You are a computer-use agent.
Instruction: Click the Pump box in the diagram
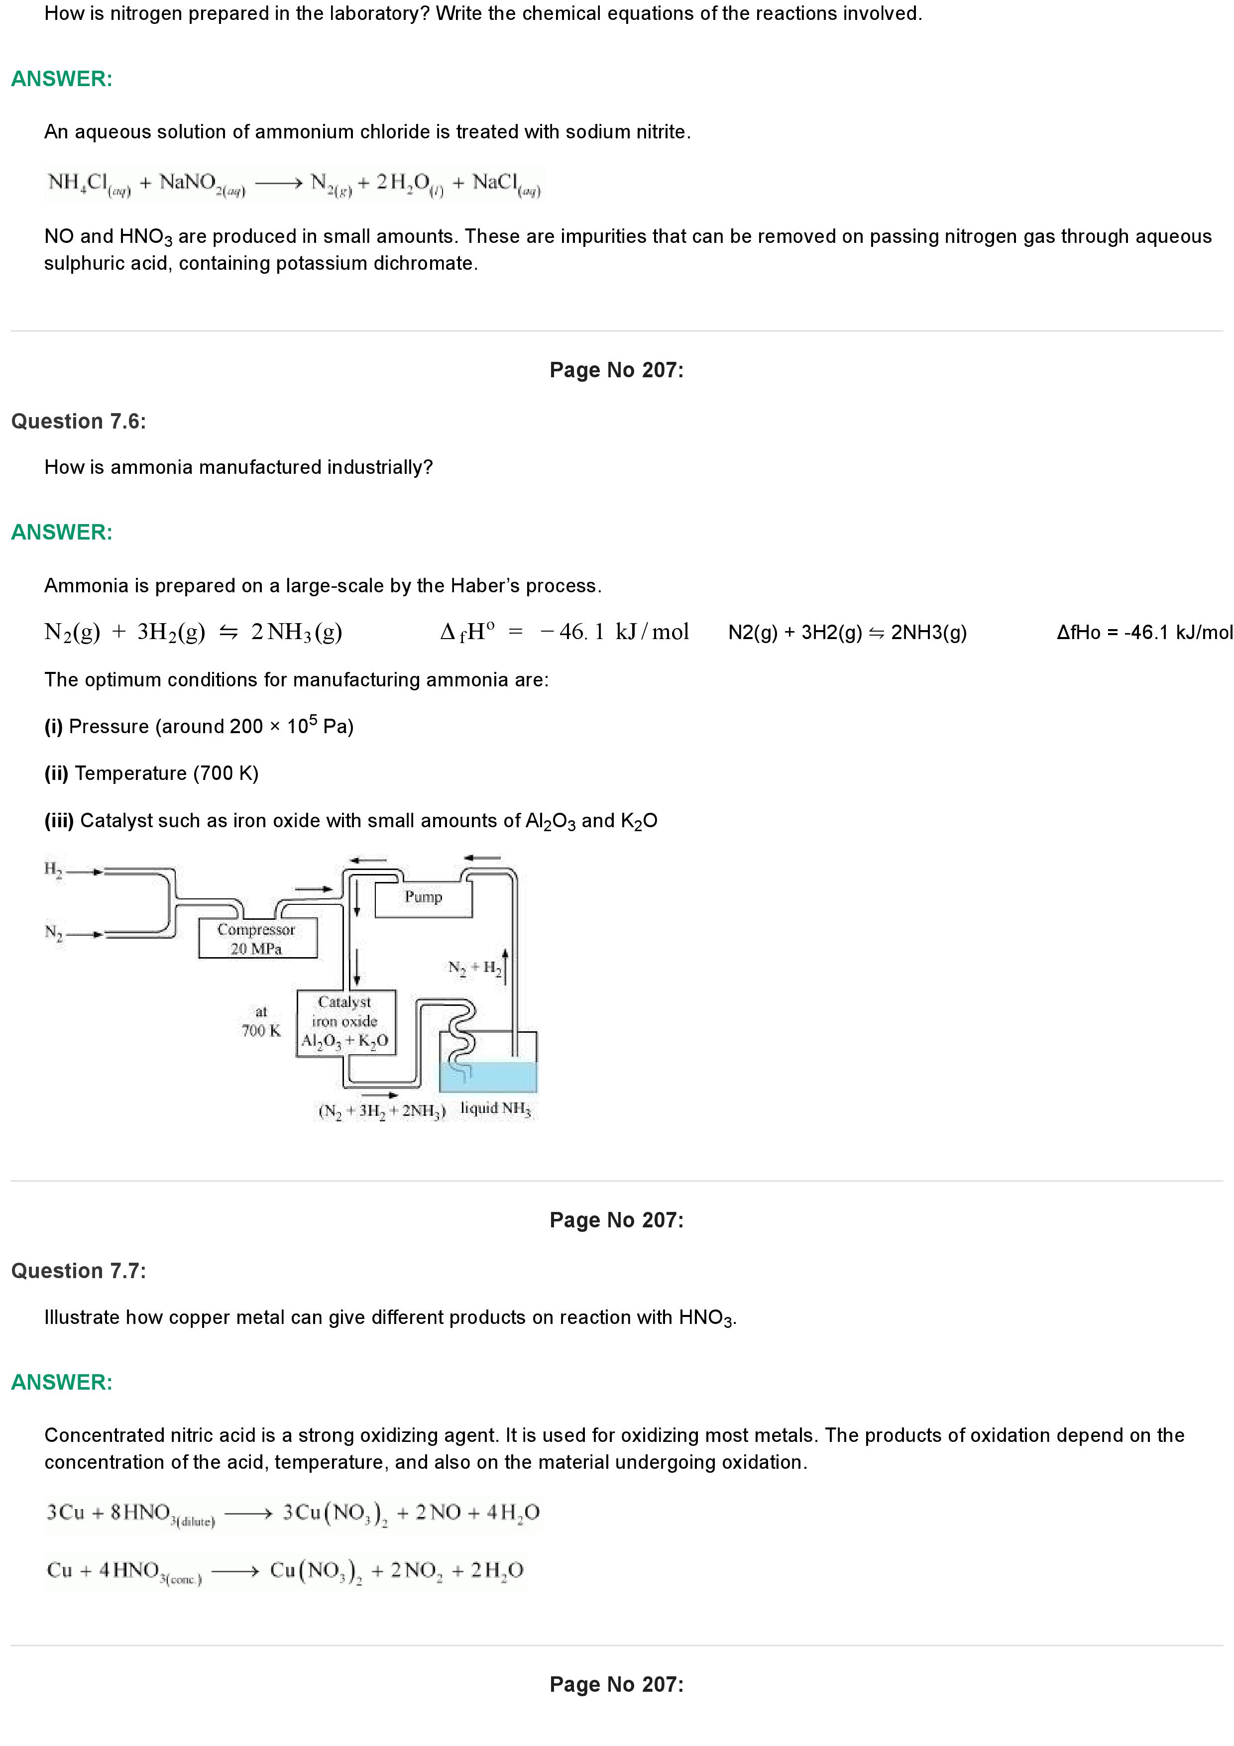click(x=424, y=898)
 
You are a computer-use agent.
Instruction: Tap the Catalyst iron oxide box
click(x=345, y=1022)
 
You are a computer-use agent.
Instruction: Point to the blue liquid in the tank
click(x=488, y=1077)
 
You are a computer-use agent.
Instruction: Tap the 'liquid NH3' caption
click(x=496, y=1109)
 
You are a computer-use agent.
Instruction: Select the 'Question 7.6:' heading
click(x=78, y=421)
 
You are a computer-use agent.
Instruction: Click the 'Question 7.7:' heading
click(x=78, y=1271)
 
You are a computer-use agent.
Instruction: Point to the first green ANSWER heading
click(x=62, y=79)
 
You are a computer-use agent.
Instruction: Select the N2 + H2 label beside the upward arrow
click(x=474, y=968)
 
